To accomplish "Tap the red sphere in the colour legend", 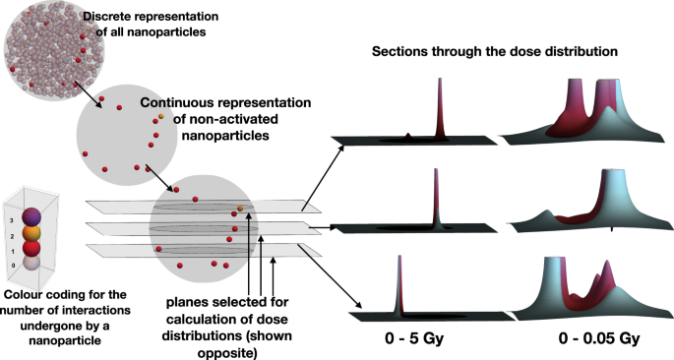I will click(33, 250).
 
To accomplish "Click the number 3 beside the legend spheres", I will click(11, 210).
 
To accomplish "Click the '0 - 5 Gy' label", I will click(414, 339).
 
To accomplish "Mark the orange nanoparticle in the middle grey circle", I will click(158, 118).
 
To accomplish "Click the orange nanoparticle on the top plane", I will click(240, 209).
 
